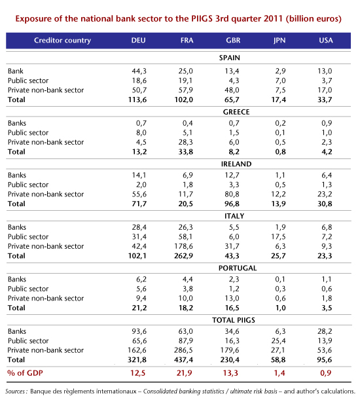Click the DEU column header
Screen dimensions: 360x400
pos(138,41)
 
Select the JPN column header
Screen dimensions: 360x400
pos(279,41)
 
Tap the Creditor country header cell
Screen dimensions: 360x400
pos(62,41)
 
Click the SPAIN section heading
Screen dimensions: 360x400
pos(229,58)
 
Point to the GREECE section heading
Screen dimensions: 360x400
pos(236,112)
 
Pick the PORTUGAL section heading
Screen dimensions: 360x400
pos(238,268)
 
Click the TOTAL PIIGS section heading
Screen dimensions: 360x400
pos(234,320)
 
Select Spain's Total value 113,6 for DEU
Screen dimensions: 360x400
pos(137,100)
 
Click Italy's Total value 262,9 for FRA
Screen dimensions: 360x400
pos(184,255)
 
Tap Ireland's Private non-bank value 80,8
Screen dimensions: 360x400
pos(232,194)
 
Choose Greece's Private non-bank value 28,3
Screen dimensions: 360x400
pos(185,142)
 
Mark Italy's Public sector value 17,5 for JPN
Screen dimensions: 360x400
pos(278,237)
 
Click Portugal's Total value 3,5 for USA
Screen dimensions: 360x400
pos(327,308)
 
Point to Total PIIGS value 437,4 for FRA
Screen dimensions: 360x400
pos(184,359)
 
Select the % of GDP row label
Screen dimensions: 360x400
pos(25,373)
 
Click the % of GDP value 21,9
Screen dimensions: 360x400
pos(184,373)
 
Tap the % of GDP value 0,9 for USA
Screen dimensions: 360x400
pos(326,373)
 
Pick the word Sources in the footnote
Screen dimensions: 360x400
pos(14,391)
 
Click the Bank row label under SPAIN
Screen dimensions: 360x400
pos(15,71)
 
